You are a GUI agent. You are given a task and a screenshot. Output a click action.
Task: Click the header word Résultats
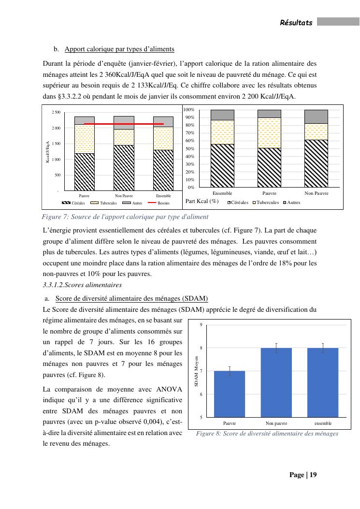[x=296, y=23]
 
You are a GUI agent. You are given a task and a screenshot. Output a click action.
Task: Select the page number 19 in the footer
[x=313, y=475]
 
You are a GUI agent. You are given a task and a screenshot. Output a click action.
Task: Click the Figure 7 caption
[x=126, y=217]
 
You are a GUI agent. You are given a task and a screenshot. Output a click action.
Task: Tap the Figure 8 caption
[x=267, y=434]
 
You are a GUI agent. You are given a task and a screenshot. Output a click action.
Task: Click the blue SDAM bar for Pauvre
[x=230, y=394]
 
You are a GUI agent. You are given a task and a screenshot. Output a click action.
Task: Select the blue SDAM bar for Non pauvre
[x=276, y=382]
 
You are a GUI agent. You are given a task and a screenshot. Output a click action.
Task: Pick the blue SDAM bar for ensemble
[x=323, y=382]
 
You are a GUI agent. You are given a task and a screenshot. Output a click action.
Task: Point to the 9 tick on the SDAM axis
[x=201, y=324]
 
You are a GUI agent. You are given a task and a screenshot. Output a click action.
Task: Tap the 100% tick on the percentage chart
[x=188, y=110]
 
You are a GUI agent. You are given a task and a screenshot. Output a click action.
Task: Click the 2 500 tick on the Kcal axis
[x=56, y=113]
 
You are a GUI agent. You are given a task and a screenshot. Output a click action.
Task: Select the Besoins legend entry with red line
[x=159, y=203]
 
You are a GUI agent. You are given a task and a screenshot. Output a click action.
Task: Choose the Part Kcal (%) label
[x=202, y=201]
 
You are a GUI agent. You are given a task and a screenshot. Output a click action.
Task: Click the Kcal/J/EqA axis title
[x=48, y=151]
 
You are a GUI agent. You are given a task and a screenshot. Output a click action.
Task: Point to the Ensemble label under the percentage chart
[x=222, y=193]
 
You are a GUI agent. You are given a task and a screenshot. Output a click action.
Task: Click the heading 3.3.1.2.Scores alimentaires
[x=82, y=285]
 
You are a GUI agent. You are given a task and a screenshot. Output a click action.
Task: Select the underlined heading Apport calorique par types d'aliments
[x=119, y=49]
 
